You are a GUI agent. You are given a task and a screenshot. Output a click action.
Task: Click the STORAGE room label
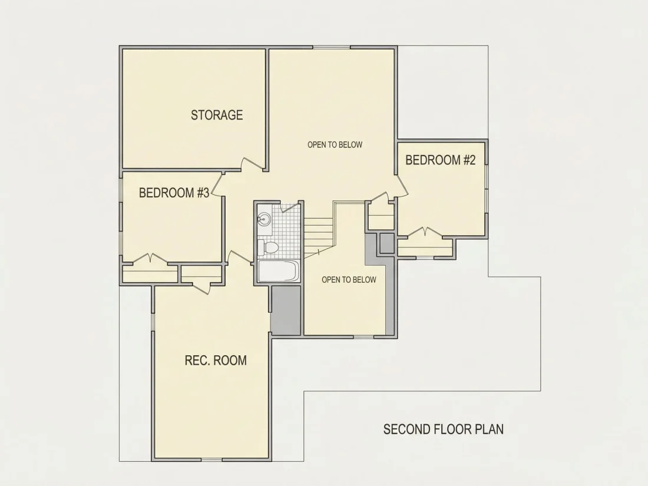[217, 115]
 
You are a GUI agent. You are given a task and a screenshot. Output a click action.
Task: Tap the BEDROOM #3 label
[174, 193]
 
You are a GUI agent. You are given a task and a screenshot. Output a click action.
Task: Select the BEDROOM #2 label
[441, 160]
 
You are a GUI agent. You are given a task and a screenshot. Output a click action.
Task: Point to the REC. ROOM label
[216, 361]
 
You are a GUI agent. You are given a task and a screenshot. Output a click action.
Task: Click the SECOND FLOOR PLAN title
[444, 429]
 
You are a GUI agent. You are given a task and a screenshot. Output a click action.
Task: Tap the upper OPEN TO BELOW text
[335, 145]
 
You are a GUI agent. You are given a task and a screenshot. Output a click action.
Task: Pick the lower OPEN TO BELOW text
[349, 280]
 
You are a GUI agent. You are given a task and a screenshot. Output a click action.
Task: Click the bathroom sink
[264, 218]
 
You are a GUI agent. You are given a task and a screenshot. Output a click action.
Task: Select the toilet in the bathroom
[268, 247]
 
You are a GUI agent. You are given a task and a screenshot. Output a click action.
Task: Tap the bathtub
[277, 271]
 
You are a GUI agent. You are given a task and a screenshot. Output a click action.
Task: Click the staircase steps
[319, 237]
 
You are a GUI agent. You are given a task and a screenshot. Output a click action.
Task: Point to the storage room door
[253, 163]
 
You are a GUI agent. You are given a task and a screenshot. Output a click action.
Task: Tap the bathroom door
[290, 207]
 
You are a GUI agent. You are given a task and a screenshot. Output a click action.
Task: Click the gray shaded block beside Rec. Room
[286, 310]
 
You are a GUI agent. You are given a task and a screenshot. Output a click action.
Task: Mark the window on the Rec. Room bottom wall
[211, 459]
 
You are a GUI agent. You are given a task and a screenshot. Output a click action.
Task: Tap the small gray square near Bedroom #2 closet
[387, 243]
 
